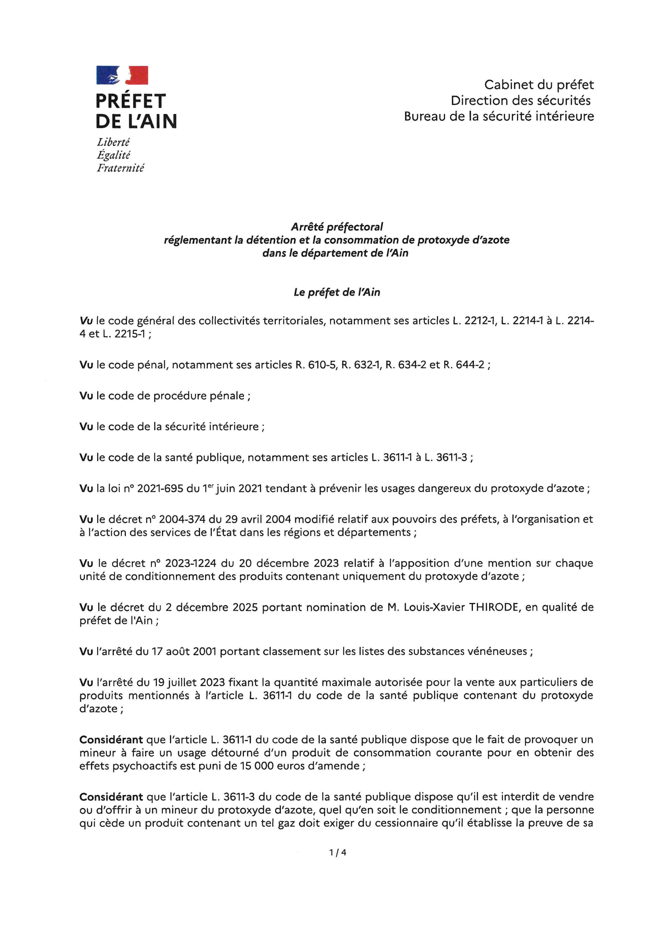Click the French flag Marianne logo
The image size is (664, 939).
pyautogui.click(x=122, y=75)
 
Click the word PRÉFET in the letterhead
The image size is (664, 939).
pyautogui.click(x=130, y=101)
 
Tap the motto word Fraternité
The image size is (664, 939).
pyautogui.click(x=120, y=168)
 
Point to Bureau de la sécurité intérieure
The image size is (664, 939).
pyautogui.click(x=499, y=116)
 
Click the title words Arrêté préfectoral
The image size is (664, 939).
pyautogui.click(x=337, y=226)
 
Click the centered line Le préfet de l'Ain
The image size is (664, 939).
pyautogui.click(x=337, y=292)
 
